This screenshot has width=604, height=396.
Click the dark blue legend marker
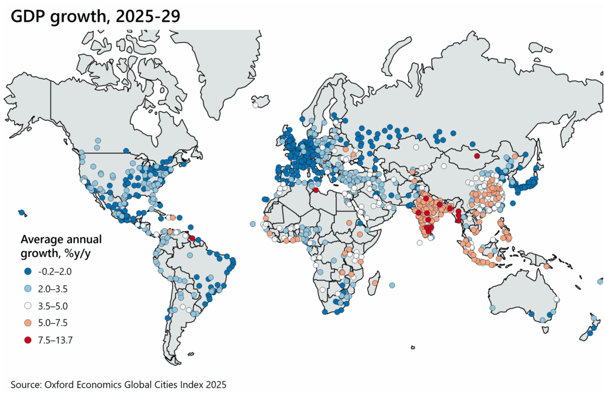coord(27,272)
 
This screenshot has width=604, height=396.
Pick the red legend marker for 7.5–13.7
coord(27,339)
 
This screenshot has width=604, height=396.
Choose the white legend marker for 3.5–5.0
coord(27,306)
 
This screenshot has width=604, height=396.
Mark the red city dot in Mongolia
coord(477,156)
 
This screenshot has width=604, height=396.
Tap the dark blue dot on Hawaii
coord(22,213)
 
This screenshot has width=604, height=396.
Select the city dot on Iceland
coord(255,105)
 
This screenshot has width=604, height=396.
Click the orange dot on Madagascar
coord(375,283)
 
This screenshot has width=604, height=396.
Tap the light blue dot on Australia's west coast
coord(493,308)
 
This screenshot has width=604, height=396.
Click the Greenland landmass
coord(224,65)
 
